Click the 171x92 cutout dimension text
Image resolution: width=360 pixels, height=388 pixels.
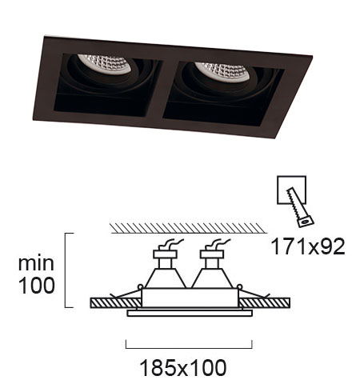(308, 246)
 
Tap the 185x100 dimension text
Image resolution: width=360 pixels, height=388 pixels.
(183, 368)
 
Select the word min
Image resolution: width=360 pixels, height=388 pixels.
(36, 263)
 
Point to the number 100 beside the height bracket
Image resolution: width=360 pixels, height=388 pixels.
(37, 285)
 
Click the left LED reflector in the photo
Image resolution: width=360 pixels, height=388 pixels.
(106, 63)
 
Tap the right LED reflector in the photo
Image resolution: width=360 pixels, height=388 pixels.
(223, 72)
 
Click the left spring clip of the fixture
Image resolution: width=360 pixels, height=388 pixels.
(126, 293)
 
